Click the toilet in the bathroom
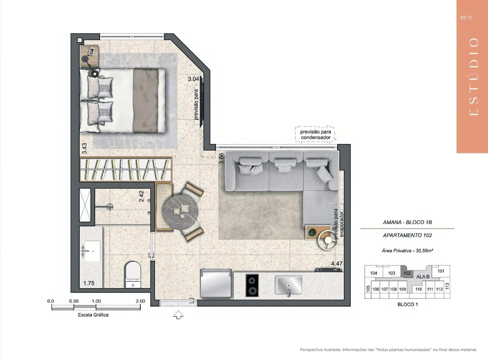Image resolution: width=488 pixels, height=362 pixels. point(133,275)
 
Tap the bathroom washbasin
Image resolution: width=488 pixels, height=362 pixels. point(92,251)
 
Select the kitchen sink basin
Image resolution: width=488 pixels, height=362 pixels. point(288,285)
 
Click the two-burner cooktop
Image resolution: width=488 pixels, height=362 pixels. point(252,285)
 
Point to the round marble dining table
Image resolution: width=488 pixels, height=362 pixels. point(181,212)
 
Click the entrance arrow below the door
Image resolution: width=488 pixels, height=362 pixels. point(178,314)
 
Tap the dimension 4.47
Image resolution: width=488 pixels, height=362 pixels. point(337,263)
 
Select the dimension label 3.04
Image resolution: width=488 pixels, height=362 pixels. point(193,79)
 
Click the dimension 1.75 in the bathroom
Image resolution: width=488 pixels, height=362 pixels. point(89,283)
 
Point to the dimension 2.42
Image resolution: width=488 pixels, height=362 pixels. point(142,196)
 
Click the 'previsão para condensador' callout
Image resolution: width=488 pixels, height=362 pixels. point(315,134)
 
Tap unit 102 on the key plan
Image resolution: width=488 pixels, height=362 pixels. point(407,273)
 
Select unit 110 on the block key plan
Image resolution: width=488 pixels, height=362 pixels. point(418,289)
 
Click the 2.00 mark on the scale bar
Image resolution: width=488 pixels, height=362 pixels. point(140,301)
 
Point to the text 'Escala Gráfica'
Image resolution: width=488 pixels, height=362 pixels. point(93,315)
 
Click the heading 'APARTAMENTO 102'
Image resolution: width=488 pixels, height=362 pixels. point(407,235)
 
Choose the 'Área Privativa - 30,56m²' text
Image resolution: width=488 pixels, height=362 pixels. point(407,250)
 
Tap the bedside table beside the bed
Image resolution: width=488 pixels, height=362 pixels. point(89,56)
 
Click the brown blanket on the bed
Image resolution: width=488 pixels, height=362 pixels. point(146,101)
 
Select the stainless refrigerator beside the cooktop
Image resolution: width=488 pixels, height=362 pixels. point(216,283)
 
